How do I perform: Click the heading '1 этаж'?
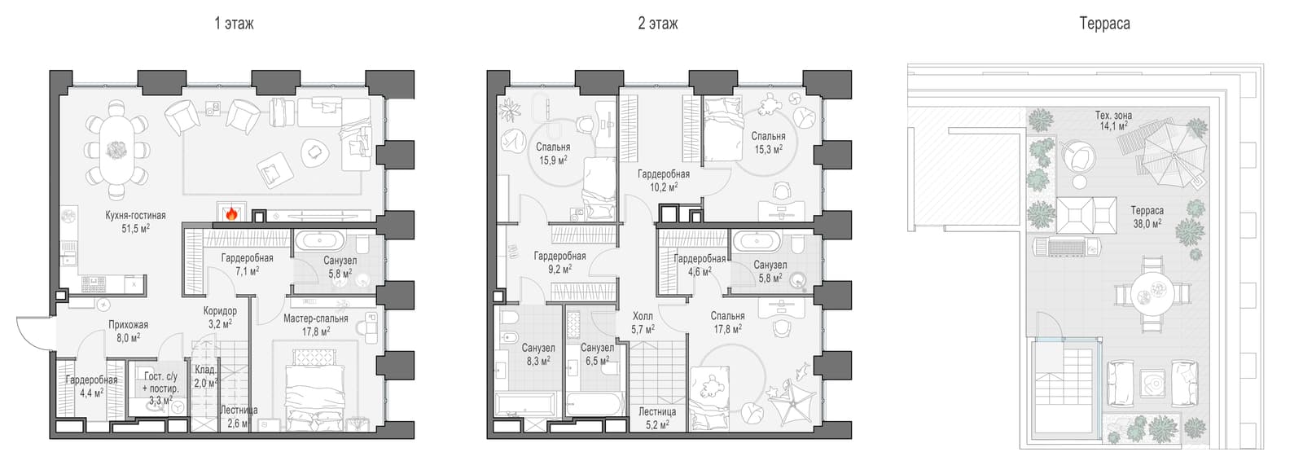coord(234,24)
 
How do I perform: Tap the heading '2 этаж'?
coord(657,24)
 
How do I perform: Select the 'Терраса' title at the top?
coord(1104,24)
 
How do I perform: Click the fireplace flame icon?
coord(231,213)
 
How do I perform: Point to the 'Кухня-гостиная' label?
coord(135,215)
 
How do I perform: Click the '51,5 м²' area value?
coord(135,228)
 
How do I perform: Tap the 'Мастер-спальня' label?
coord(316,318)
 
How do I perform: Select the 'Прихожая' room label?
coord(128,324)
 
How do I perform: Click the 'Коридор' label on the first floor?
coord(220,310)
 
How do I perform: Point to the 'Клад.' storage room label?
coord(205,370)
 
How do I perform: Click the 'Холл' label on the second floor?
coord(643,316)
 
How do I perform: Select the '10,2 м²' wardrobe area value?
coord(663,187)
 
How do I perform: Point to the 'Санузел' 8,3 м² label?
coord(538,348)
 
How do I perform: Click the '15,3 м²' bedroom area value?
coord(769,150)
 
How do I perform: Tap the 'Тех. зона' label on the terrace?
coord(1113,115)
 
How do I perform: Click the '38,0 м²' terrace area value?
coord(1147,223)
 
